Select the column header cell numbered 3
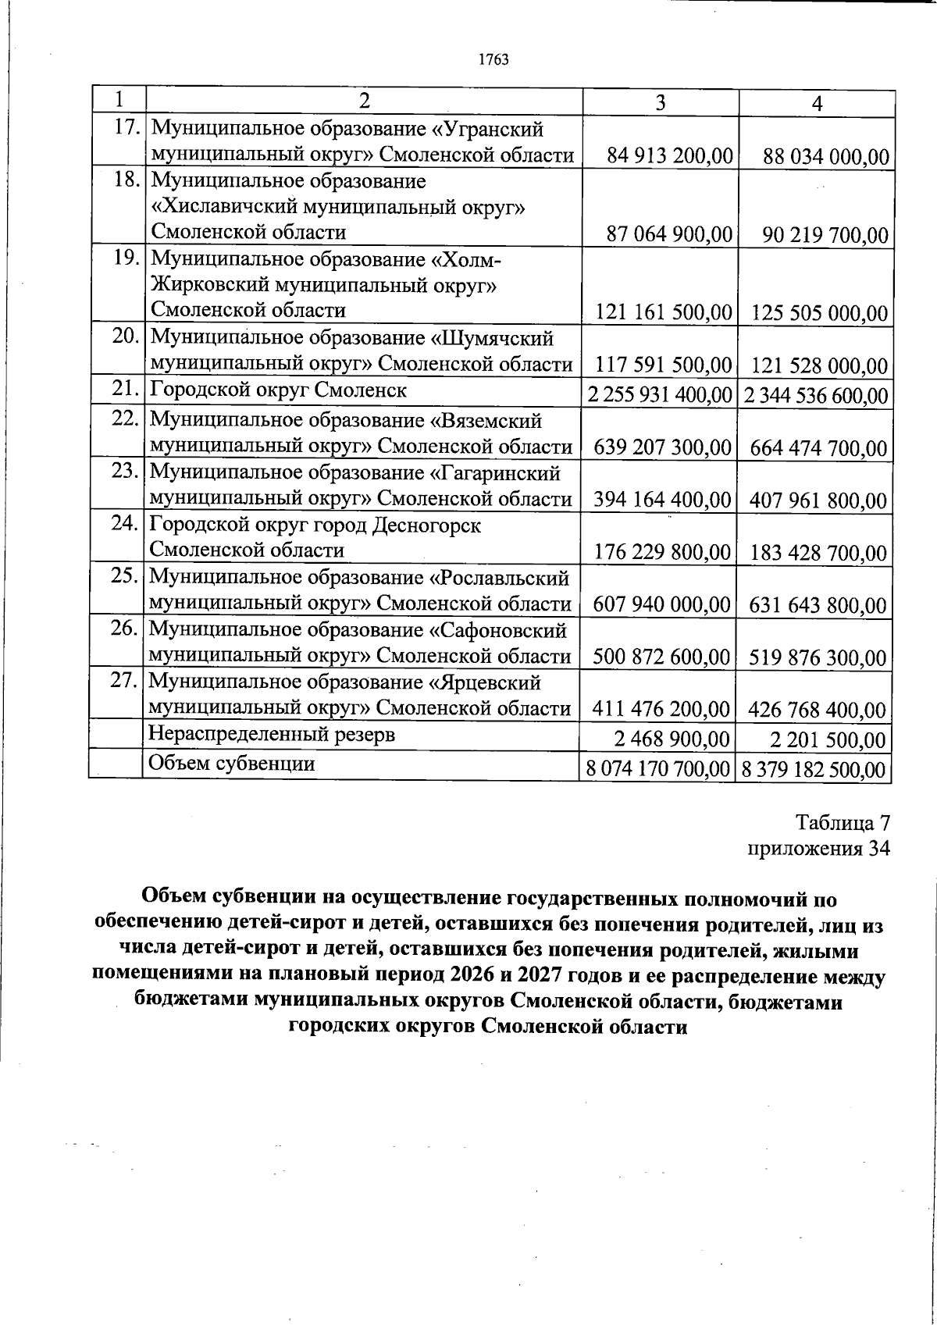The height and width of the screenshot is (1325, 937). [661, 103]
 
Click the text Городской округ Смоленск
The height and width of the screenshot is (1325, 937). [279, 390]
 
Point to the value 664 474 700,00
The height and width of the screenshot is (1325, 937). [818, 449]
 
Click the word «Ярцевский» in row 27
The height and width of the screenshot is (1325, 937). [486, 682]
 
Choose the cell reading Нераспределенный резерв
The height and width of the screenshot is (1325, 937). [272, 735]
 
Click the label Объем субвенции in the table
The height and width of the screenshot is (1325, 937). [232, 763]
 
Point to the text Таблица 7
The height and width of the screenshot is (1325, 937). [843, 823]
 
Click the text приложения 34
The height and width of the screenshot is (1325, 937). [818, 849]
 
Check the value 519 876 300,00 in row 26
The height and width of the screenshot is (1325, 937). [818, 657]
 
